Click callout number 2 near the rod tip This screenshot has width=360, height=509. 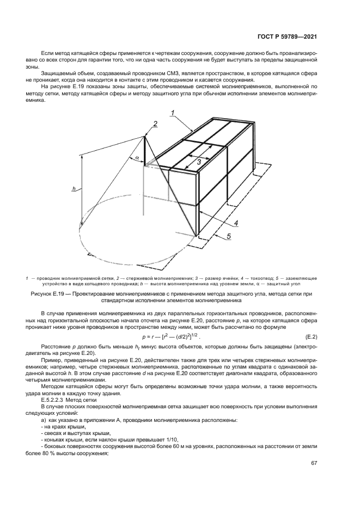coord(155,124)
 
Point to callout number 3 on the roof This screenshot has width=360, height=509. coord(199,162)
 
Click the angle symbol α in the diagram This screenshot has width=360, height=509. coord(137,158)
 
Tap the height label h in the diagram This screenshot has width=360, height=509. coord(74,188)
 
